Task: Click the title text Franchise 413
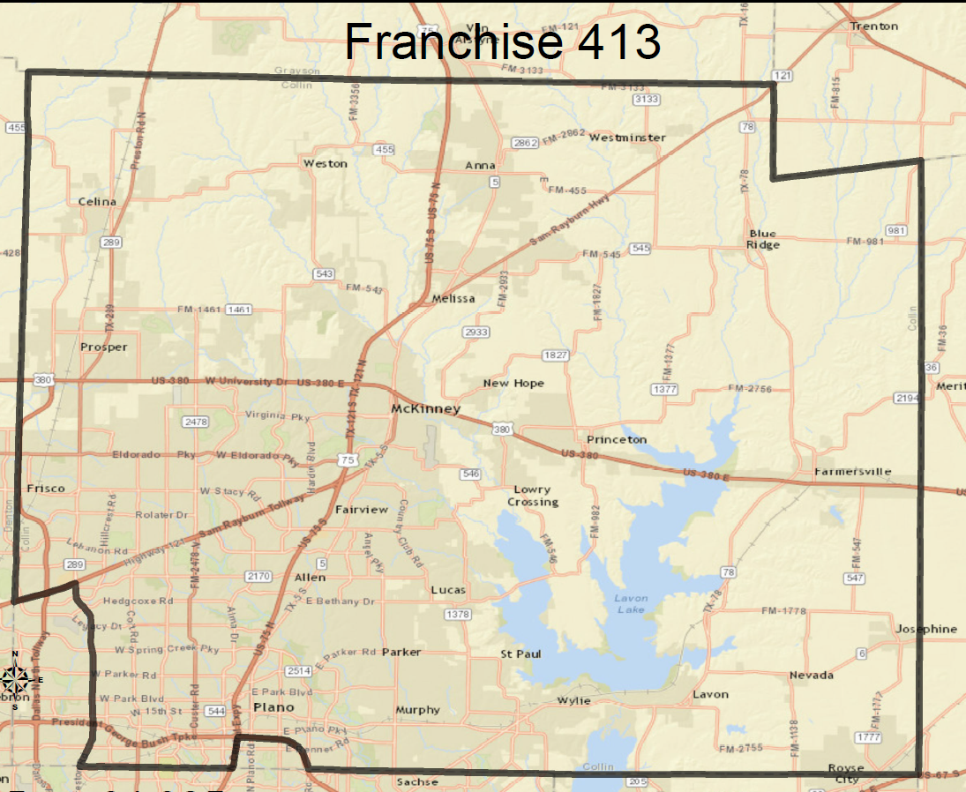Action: (502, 41)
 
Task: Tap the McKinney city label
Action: (426, 409)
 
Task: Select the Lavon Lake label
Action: (631, 603)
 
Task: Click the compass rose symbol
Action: (16, 679)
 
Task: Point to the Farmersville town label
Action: (852, 471)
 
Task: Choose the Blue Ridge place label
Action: (763, 239)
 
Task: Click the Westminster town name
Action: (627, 138)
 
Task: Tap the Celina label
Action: (97, 201)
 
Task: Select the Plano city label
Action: (273, 707)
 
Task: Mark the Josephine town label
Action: (926, 629)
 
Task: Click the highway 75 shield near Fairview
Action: (348, 460)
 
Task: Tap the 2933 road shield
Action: (476, 332)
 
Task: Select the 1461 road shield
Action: (238, 310)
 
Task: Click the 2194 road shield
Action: (908, 398)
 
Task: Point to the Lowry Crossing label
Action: (533, 496)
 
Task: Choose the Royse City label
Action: (845, 773)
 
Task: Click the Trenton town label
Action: (874, 26)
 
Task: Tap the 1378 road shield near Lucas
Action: (458, 614)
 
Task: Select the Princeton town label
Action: (617, 439)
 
